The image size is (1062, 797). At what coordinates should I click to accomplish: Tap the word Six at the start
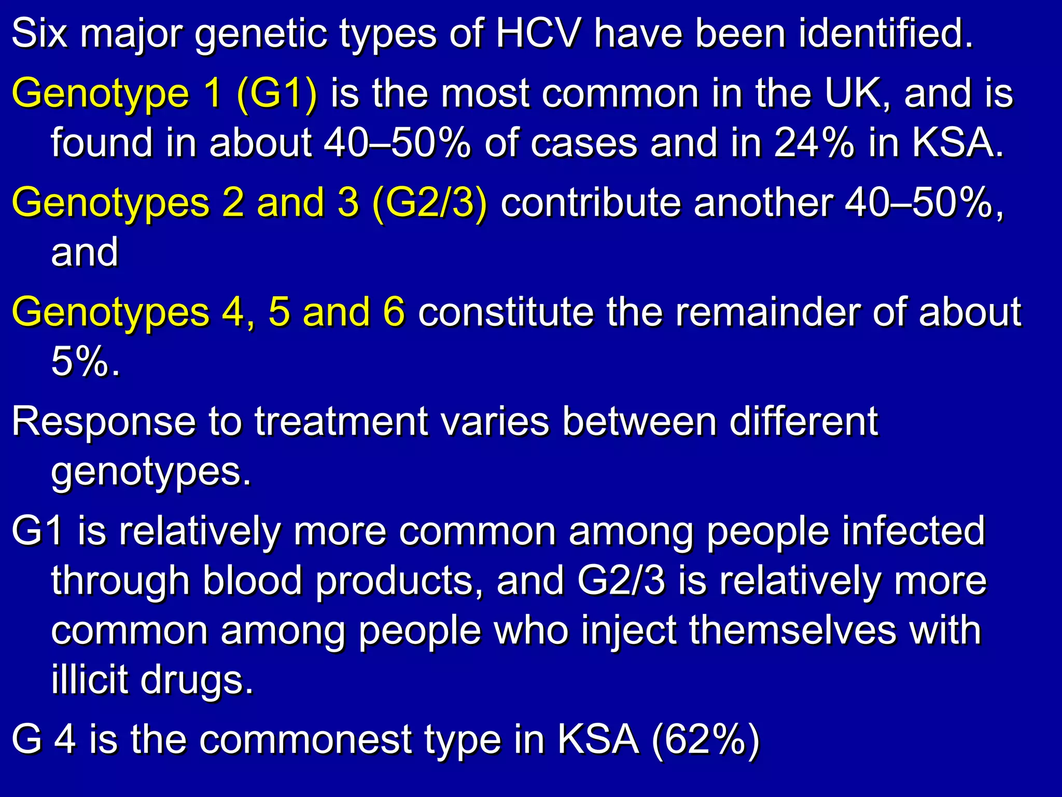[x=39, y=34]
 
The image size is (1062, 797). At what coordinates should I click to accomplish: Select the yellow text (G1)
[x=276, y=94]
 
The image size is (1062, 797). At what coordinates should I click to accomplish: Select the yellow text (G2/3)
[x=430, y=202]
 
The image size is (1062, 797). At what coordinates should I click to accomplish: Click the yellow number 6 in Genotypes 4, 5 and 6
[x=394, y=312]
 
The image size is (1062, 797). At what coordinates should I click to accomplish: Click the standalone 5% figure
[x=86, y=362]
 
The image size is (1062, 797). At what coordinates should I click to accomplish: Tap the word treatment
[x=341, y=421]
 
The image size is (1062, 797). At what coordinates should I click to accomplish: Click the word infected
[x=913, y=531]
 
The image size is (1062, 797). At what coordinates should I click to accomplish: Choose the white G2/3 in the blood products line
[x=621, y=581]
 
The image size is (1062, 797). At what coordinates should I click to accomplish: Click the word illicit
[x=90, y=680]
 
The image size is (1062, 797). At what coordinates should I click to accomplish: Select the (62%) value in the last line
[x=705, y=739]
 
